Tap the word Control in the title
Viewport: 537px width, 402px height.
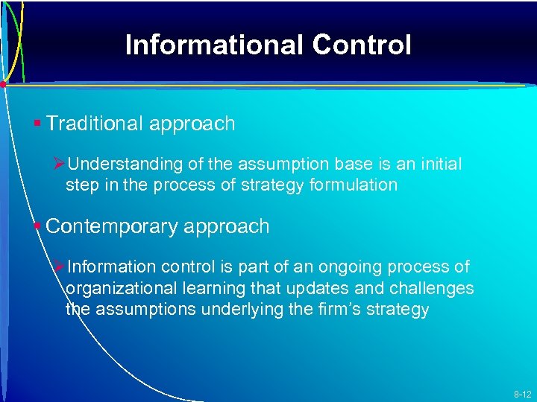[x=362, y=45]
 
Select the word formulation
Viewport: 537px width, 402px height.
[x=352, y=185]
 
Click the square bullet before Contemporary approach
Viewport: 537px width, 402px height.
[x=37, y=226]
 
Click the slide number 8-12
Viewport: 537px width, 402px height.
[x=521, y=394]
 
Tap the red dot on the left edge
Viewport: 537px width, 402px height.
[x=4, y=85]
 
